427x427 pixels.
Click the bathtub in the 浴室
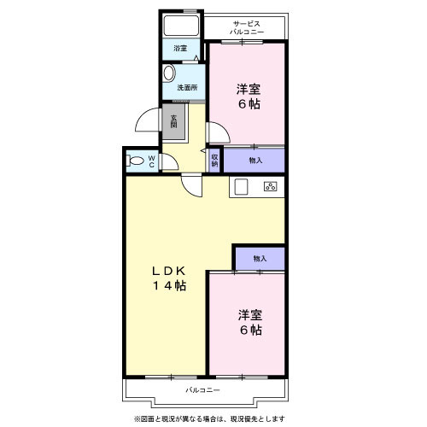(x=181, y=26)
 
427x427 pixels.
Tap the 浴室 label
(x=180, y=49)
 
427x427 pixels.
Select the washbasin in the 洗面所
(x=169, y=73)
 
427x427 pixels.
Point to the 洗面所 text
(x=187, y=88)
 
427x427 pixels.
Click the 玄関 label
(x=173, y=121)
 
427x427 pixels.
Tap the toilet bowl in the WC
(x=135, y=161)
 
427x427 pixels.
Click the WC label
(x=152, y=161)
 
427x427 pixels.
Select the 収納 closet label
(x=214, y=161)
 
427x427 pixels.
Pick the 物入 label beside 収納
(x=255, y=161)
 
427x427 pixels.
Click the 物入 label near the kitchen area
(x=260, y=259)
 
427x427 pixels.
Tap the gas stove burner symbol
(x=270, y=186)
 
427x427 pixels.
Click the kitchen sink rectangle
(x=241, y=187)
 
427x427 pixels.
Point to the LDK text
(x=169, y=271)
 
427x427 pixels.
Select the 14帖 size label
(x=170, y=285)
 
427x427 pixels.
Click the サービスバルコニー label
(x=247, y=27)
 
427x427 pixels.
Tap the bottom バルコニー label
(x=202, y=390)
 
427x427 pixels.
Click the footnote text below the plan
(x=209, y=418)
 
